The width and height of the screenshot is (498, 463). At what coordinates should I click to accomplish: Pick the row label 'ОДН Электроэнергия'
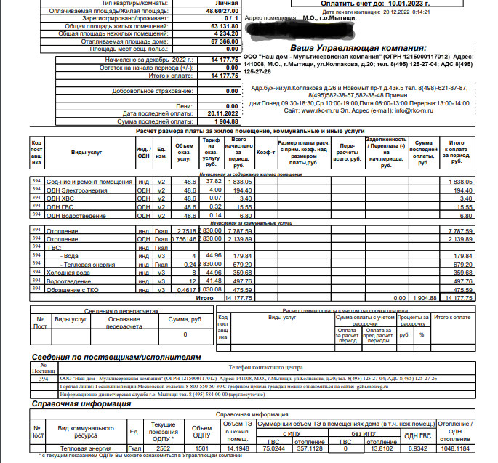pyautogui.click(x=77, y=190)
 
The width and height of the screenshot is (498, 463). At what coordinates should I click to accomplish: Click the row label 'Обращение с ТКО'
pyautogui.click(x=75, y=290)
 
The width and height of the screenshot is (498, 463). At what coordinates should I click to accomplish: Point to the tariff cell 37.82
pyautogui.click(x=214, y=182)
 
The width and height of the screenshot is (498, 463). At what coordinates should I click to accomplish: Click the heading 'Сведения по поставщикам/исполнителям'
pyautogui.click(x=115, y=358)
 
